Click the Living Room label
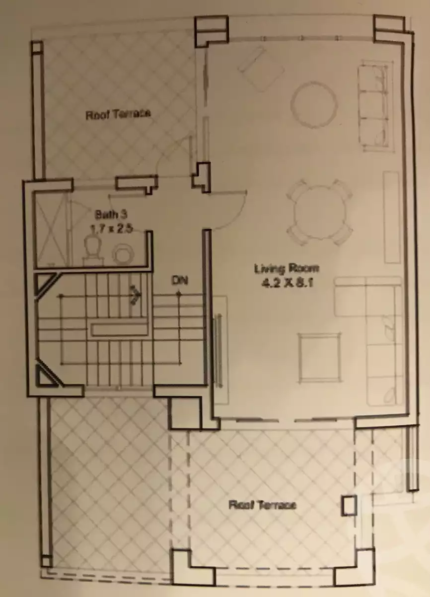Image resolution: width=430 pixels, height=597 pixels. [x=287, y=269]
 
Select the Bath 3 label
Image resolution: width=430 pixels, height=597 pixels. [x=111, y=215]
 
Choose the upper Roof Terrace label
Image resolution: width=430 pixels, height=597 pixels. [x=118, y=114]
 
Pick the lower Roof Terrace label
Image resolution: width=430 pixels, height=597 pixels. [x=262, y=505]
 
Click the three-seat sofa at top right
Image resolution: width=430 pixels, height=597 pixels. [x=373, y=105]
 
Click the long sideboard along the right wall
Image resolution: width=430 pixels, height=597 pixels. [x=392, y=217]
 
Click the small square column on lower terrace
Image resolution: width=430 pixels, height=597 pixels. [x=349, y=505]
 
